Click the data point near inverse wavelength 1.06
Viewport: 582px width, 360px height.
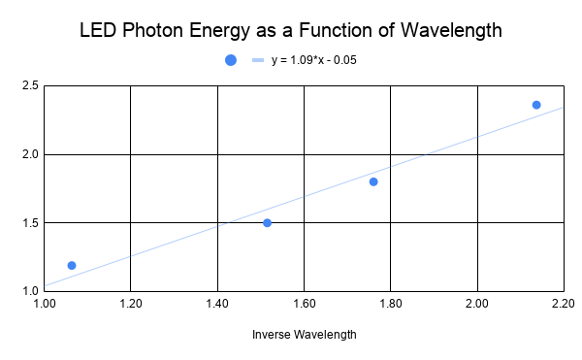72,265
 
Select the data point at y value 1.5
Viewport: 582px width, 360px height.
267,223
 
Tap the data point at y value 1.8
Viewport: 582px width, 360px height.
373,181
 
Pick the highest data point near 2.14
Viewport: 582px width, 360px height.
536,105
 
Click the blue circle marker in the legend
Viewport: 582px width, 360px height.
231,60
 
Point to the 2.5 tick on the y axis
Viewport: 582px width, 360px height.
30,86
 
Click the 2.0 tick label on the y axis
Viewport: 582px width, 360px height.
30,154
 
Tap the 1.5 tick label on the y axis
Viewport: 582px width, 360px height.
30,222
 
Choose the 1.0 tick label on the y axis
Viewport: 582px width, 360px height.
30,290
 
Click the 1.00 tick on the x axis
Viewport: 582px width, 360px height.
44,304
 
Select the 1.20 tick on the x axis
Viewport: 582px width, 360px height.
131,304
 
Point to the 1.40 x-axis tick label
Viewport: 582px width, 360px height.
217,304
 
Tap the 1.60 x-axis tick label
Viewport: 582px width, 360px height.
304,304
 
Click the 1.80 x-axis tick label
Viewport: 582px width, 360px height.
390,304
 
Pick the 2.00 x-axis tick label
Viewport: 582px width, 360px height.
476,304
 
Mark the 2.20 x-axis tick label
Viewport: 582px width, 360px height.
563,304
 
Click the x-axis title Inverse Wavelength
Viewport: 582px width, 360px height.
304,335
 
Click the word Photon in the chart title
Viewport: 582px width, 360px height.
154,31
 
